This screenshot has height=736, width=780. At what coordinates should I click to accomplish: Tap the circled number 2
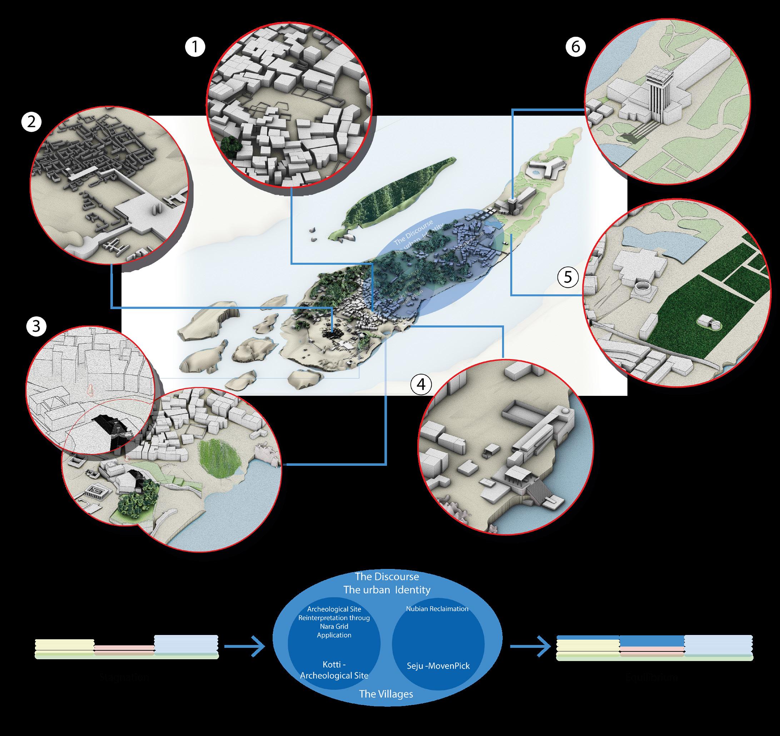tap(31, 123)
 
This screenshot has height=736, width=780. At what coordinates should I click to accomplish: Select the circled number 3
tap(36, 326)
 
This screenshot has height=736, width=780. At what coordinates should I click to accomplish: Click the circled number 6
tap(576, 47)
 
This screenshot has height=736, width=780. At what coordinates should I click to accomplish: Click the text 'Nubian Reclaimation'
tap(437, 609)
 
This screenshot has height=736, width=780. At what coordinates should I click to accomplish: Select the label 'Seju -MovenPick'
tap(438, 666)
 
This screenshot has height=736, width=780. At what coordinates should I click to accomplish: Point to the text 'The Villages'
tap(386, 694)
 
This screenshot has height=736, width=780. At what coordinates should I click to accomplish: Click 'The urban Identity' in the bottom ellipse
tap(387, 590)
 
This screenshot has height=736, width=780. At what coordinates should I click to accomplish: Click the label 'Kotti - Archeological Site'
tap(334, 670)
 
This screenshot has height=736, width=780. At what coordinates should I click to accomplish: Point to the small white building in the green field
tap(710, 324)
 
